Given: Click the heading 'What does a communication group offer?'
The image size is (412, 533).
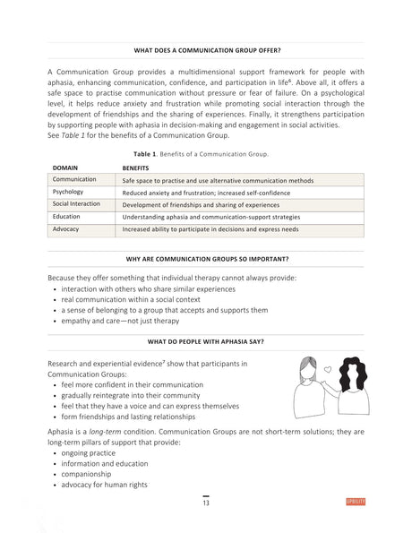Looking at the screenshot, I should [x=205, y=51].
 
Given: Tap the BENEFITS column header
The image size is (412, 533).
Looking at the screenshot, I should [x=135, y=168].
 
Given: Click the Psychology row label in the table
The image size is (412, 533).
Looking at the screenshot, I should [x=69, y=192].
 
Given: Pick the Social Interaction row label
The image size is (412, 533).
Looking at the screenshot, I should [x=77, y=204].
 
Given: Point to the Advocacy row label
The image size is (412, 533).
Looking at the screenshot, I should [x=67, y=229].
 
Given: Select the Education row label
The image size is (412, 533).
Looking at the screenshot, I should [x=67, y=217].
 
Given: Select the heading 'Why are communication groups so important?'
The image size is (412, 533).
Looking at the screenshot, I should [x=205, y=259].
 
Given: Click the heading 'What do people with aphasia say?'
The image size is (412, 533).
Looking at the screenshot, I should [x=205, y=342].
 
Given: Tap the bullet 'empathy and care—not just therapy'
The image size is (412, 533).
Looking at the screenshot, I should [x=121, y=321].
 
